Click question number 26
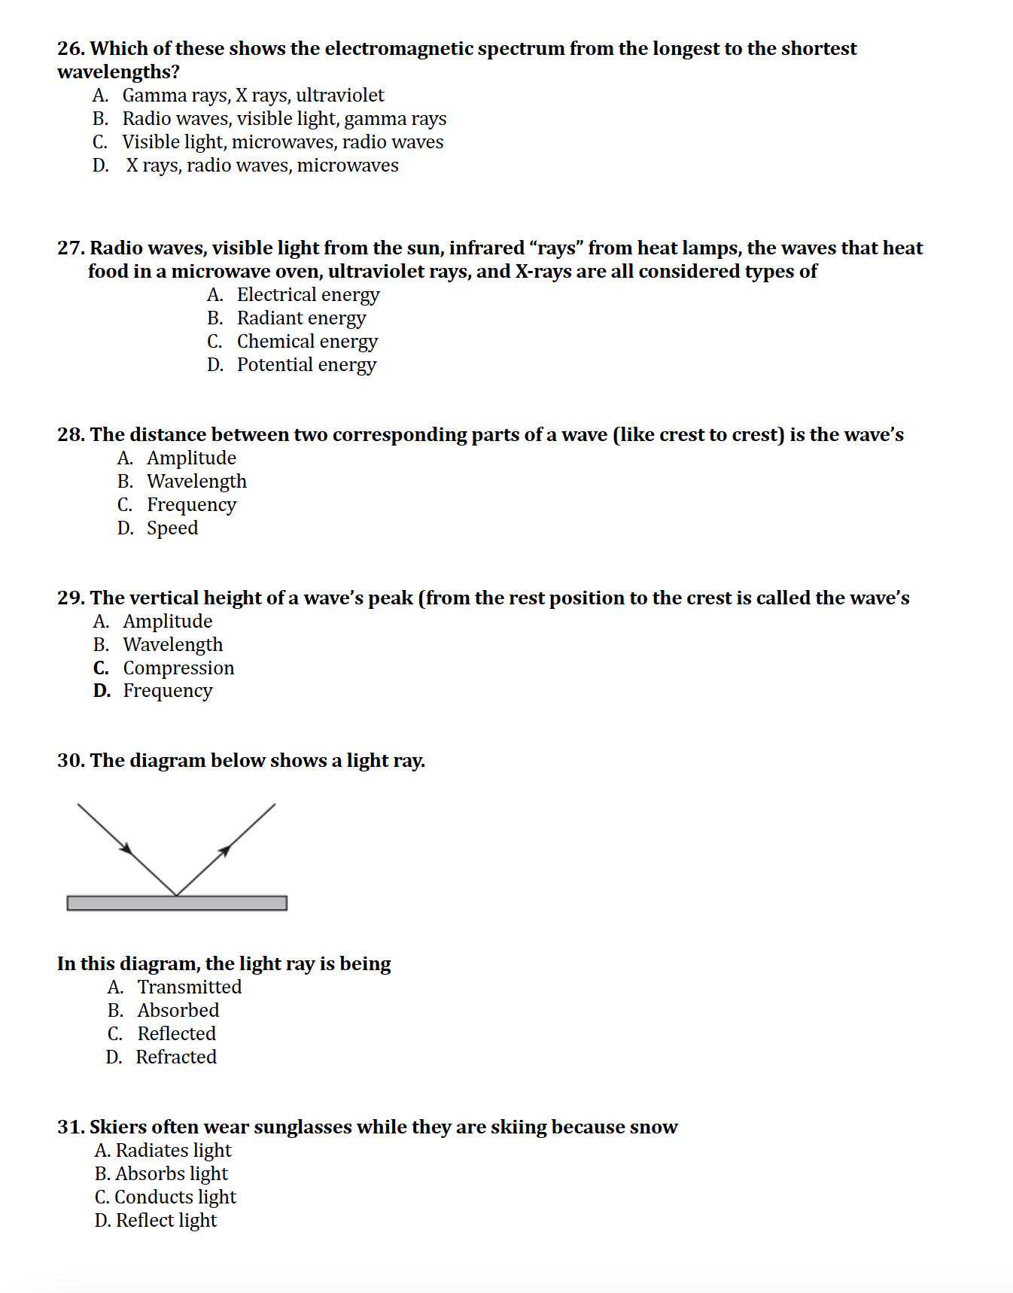71,49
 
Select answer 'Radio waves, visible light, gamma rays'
284,119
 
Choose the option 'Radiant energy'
301,318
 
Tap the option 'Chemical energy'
307,342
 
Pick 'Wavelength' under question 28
196,482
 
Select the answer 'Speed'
172,528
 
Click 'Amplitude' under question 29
167,622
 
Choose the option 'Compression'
178,668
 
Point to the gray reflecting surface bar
177,903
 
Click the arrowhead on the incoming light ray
127,849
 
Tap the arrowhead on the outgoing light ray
224,851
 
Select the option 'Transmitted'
189,987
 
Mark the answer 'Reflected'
176,1034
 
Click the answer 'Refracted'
176,1057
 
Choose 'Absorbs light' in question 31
171,1174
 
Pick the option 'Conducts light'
175,1197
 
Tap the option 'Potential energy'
306,365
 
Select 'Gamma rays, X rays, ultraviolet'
253,96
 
